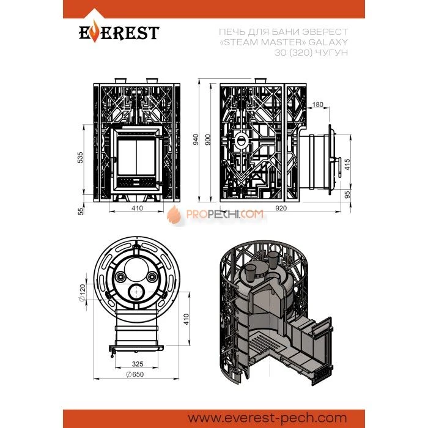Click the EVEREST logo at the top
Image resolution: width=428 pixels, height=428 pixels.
(119, 32)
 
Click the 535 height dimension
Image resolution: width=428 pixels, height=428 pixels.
(80, 158)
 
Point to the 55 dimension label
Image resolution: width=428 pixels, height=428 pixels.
(81, 212)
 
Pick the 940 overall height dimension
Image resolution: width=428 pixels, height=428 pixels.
(196, 139)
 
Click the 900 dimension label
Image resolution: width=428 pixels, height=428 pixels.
(208, 139)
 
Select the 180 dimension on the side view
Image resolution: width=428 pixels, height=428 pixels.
(317, 105)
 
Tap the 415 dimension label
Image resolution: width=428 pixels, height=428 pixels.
(347, 164)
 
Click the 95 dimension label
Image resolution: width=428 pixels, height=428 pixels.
(347, 194)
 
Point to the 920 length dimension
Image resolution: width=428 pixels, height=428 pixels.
(281, 208)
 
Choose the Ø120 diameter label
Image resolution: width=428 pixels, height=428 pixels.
(82, 293)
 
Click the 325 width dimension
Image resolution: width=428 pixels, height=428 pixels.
(138, 364)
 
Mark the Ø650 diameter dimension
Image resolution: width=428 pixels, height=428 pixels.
(135, 374)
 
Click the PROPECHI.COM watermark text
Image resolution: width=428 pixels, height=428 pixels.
(225, 214)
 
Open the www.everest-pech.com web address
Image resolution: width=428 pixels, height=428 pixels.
(268, 418)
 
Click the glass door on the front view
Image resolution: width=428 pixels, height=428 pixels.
(137, 158)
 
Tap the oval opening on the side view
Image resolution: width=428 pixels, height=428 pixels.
(241, 141)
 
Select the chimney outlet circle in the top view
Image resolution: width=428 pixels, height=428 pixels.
(136, 292)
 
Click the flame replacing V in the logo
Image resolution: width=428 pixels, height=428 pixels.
(94, 32)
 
